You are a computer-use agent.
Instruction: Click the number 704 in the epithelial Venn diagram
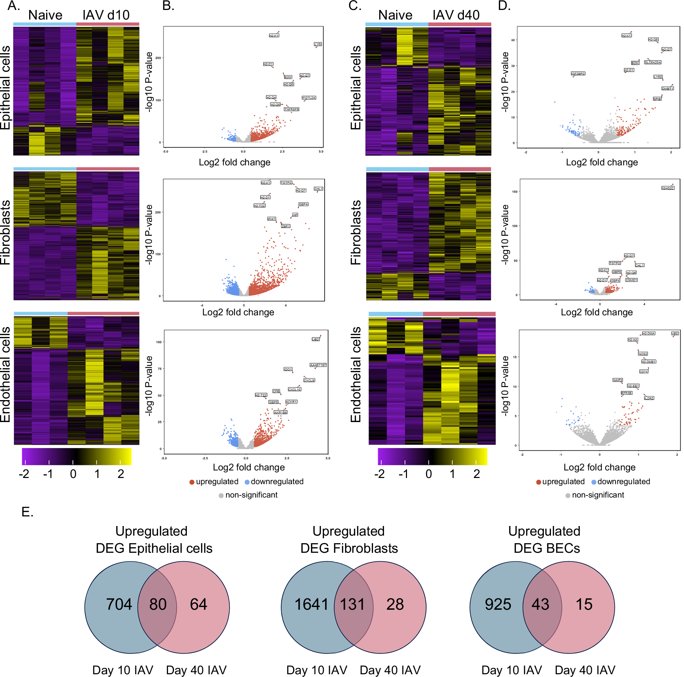coord(119,604)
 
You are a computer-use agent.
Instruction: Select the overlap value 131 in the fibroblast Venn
coord(352,604)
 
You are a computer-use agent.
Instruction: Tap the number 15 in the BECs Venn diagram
coord(584,604)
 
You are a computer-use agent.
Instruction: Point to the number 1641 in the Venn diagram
coord(311,604)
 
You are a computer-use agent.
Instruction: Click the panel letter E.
coord(27,512)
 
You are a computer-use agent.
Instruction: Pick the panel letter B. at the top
coord(168,6)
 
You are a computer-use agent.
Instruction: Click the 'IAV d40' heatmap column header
coord(456,15)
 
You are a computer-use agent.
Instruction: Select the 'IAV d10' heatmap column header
coord(106,15)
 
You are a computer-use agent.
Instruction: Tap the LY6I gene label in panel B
coord(318,44)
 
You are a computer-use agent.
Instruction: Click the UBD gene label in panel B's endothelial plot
coord(315,339)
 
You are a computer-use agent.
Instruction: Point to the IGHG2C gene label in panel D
coord(668,188)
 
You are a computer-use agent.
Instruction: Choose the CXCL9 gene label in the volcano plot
coord(309,381)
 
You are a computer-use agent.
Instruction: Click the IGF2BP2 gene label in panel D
coord(578,74)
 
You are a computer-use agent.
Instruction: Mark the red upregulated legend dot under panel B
coord(192,482)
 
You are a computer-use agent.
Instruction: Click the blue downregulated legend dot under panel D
coord(594,482)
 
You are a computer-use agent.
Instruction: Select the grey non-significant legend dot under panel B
coord(221,495)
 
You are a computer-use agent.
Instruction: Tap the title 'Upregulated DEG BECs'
coord(545,539)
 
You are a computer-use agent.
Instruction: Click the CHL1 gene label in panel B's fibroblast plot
coord(318,189)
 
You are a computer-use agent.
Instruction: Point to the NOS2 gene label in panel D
coord(643,354)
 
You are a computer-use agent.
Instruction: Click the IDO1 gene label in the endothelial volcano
coord(288,370)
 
